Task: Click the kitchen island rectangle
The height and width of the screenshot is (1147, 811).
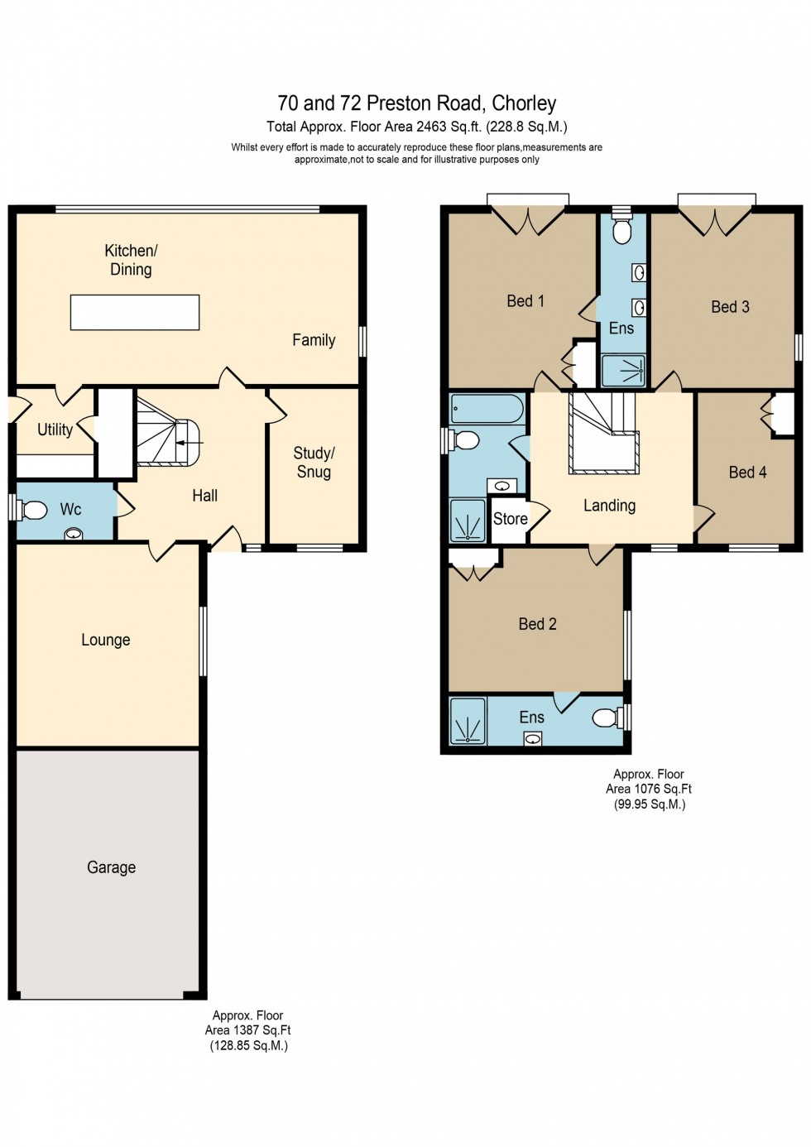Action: pos(135,313)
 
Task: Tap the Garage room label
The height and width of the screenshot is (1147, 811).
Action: pos(111,867)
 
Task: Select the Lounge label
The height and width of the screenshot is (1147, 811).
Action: pos(105,640)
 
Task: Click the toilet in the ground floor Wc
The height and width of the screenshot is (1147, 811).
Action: pos(34,510)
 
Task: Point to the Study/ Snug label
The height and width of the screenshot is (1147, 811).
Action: pos(314,463)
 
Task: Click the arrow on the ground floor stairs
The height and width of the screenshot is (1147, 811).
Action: pos(190,443)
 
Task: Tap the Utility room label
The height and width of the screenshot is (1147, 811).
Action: pos(55,430)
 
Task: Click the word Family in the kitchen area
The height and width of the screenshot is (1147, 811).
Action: pos(314,340)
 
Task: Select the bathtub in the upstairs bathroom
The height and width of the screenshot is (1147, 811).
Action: pos(487,409)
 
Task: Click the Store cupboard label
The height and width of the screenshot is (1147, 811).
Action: pos(510,519)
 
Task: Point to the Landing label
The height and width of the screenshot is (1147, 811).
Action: pos(609,506)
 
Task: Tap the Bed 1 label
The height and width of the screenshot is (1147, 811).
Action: pos(525,301)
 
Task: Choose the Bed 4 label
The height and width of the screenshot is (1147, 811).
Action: pos(747,473)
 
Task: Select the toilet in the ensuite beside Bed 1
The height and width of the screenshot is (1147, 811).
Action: pos(621,231)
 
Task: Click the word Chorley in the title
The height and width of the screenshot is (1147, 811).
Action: pos(524,103)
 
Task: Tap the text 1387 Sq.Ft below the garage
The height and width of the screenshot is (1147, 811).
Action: pos(261,1030)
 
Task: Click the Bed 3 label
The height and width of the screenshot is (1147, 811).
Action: pos(730,307)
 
